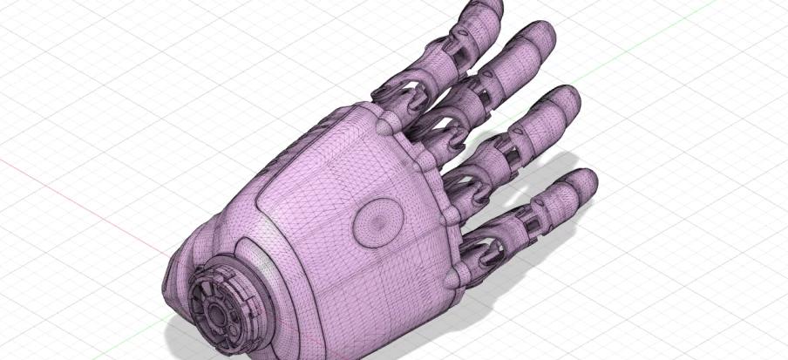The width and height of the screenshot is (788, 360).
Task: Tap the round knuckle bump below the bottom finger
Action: pos(452,277)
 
